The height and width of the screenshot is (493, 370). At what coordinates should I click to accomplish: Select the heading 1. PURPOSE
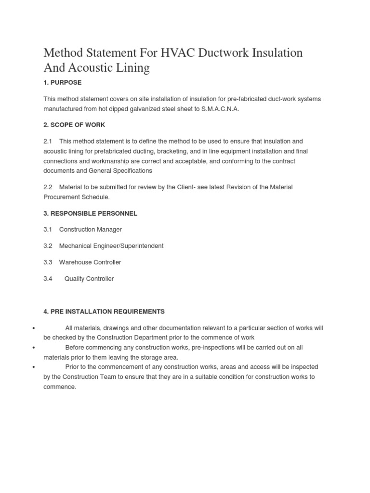(x=62, y=83)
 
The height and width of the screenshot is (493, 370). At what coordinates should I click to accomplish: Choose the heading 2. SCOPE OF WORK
(x=74, y=125)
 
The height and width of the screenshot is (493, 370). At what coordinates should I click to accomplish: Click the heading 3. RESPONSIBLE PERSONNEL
(x=90, y=213)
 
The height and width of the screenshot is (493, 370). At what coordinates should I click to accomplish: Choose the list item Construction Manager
(x=90, y=230)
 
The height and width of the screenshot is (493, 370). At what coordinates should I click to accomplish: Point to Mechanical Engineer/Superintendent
(x=111, y=246)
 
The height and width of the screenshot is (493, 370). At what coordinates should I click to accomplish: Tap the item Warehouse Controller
(x=90, y=262)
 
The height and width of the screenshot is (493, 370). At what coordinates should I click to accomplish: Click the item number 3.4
(x=48, y=279)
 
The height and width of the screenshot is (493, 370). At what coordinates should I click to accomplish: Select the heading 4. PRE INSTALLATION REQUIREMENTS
(x=104, y=311)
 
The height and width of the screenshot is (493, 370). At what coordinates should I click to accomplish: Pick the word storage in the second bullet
(x=143, y=357)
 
